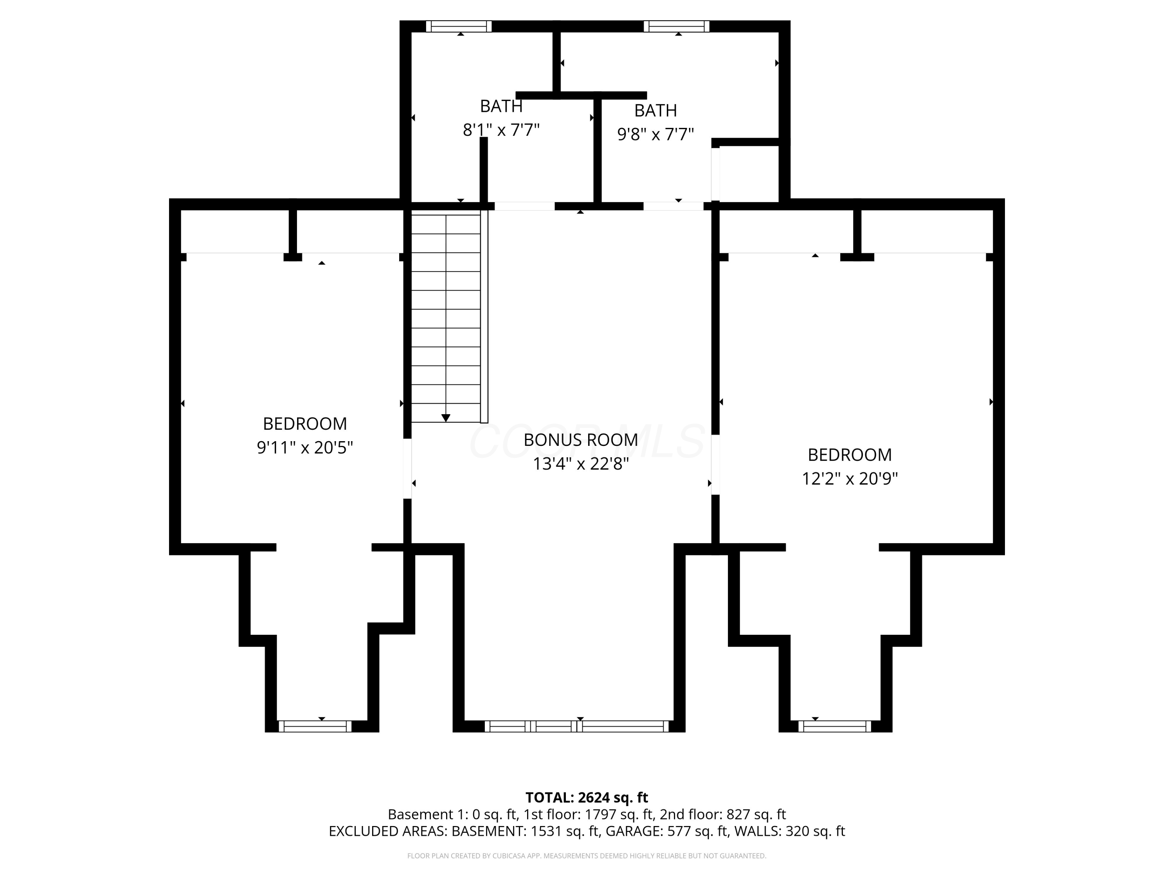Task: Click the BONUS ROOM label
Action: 581,440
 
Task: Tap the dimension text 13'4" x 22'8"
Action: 581,464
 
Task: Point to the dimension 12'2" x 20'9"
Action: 849,479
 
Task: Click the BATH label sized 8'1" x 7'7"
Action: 501,106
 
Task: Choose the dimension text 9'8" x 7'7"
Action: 655,135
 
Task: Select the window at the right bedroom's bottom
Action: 834,726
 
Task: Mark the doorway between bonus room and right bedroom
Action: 715,465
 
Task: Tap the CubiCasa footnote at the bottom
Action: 587,856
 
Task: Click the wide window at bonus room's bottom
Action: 576,726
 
